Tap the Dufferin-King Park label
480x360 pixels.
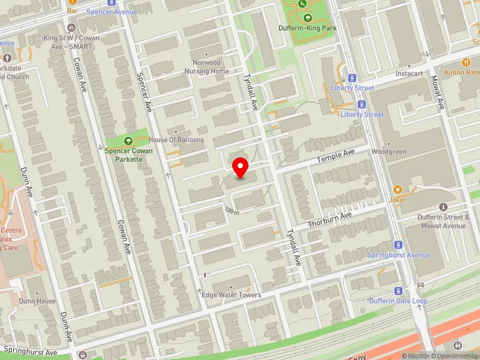(307, 28)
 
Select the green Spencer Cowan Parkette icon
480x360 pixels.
(127, 141)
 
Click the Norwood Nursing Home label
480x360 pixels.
(211, 67)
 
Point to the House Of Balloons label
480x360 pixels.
(176, 140)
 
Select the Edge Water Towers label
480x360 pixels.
(231, 295)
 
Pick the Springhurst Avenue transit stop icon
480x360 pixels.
(397, 245)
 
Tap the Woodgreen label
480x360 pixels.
(389, 152)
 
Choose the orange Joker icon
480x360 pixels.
(397, 190)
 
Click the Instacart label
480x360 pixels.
(409, 74)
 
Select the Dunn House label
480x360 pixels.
(37, 301)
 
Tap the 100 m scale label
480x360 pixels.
(232, 211)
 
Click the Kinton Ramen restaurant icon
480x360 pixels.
(466, 62)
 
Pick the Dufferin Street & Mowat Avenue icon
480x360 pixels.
(444, 207)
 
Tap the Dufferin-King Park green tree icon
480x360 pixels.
(307, 18)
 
